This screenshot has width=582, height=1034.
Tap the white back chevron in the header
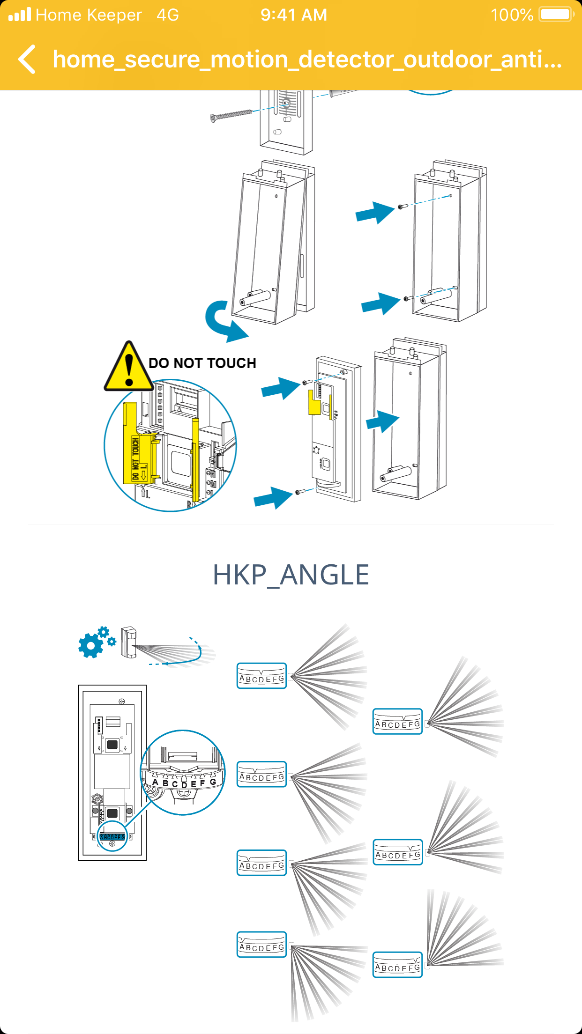27,59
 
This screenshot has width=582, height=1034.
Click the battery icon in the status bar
556,15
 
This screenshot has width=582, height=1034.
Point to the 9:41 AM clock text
294,15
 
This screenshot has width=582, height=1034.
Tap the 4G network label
168,15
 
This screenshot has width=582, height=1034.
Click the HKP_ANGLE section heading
291,575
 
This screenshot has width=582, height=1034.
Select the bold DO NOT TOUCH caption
202,363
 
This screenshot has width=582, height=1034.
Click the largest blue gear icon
90,646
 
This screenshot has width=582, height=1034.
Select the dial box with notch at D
261,676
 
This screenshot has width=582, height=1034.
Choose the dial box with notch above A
261,945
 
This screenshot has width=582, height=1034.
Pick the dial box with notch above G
397,965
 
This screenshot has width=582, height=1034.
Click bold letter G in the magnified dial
213,782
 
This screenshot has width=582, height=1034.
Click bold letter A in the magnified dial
155,782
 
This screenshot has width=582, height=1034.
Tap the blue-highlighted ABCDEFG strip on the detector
112,837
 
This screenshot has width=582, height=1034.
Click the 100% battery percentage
512,15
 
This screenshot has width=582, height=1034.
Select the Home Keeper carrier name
89,15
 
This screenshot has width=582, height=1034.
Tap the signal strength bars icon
20,15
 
